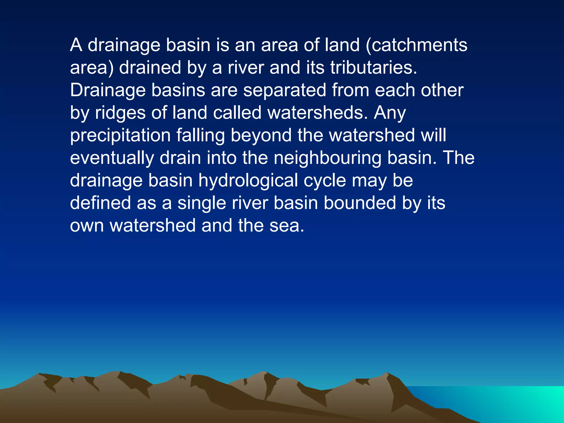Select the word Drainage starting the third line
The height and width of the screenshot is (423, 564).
tap(108, 90)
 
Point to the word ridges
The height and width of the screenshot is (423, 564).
tap(120, 113)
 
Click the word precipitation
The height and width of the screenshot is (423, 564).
tap(120, 135)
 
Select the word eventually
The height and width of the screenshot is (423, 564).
tap(112, 158)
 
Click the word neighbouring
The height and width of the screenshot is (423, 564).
tap(327, 158)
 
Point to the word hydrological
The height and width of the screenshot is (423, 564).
tap(248, 181)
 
